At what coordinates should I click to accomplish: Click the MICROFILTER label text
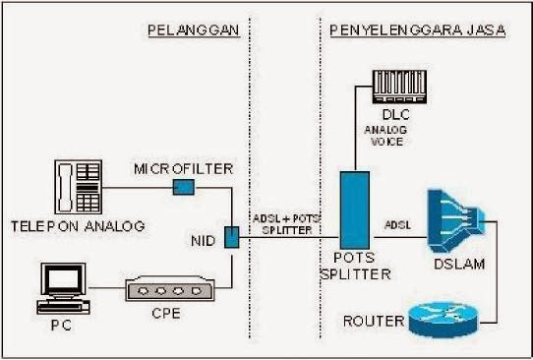pos(184,168)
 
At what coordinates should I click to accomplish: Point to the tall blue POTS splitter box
pos(356,210)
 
